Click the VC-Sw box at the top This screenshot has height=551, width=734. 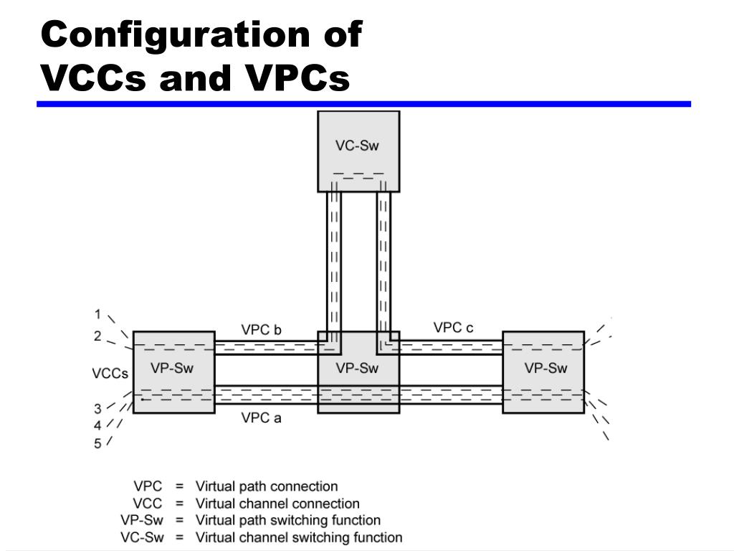tap(358, 151)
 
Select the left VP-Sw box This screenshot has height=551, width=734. tap(173, 371)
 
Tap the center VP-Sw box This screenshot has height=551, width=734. tap(358, 371)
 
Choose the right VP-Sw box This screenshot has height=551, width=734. tap(544, 371)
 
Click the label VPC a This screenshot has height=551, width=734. tap(261, 418)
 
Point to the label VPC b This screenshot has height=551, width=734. tap(261, 330)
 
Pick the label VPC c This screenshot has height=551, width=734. tap(453, 328)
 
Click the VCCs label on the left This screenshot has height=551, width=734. tap(110, 374)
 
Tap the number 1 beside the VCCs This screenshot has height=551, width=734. tap(97, 314)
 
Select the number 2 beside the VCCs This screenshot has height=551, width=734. tap(97, 336)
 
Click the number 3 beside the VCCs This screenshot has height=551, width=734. tap(97, 409)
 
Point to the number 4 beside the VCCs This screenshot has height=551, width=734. tap(97, 425)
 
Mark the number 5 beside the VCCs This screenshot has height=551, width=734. tap(97, 443)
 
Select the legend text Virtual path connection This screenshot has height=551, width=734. tap(267, 486)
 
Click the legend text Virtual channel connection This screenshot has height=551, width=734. tap(277, 504)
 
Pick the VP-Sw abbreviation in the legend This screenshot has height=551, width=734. tap(142, 520)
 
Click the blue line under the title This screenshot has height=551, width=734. tap(363, 104)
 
